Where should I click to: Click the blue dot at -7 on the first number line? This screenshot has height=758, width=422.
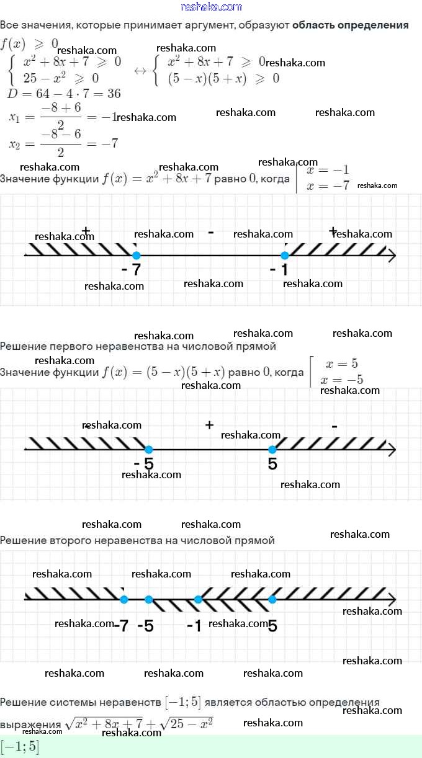(x=137, y=256)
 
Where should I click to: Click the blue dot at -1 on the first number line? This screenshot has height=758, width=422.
(x=285, y=256)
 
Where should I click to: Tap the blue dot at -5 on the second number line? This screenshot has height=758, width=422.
(x=148, y=450)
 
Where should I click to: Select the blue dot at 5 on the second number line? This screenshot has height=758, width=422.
(x=272, y=450)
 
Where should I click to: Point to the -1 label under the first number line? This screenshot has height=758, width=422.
(x=279, y=270)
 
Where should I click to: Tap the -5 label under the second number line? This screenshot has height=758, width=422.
(x=144, y=465)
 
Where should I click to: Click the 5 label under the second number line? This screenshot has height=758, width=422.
(x=272, y=464)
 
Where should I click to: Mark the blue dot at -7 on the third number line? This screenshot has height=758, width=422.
(x=123, y=599)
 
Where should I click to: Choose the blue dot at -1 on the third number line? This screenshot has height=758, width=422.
(x=198, y=599)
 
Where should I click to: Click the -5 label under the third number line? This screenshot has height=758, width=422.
(x=145, y=626)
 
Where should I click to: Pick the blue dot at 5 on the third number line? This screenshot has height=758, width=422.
(x=272, y=599)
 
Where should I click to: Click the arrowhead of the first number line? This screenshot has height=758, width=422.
(x=391, y=256)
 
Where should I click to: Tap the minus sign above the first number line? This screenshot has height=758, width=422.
(x=211, y=233)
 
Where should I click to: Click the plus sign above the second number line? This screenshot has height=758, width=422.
(x=209, y=425)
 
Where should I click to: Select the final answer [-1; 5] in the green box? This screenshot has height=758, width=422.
(x=20, y=747)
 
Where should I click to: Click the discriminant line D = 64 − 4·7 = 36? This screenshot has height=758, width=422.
(x=64, y=94)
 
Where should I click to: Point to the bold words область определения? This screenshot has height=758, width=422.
(x=350, y=25)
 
